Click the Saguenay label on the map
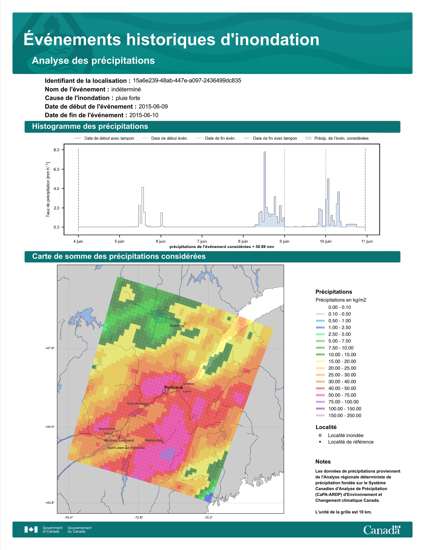(177, 326)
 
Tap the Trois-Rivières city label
(137, 404)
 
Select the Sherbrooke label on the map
(153, 440)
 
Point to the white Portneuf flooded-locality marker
(164, 392)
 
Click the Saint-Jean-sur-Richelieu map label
(126, 448)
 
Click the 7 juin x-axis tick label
(202, 241)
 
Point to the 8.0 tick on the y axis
(56, 150)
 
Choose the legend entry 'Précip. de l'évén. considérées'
(337, 138)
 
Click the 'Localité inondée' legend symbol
(320, 435)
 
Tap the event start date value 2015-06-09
(153, 106)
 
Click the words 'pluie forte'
(128, 98)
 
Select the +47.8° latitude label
(50, 348)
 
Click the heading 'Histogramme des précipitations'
(90, 126)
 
